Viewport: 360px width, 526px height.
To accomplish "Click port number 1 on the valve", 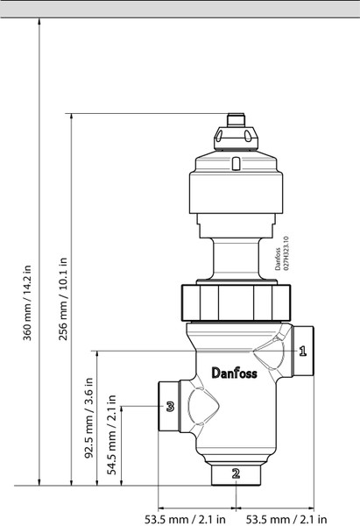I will pos(302,352).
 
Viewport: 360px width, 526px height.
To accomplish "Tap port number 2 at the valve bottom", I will pos(235,473).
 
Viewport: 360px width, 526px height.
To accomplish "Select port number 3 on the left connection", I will pos(170,406).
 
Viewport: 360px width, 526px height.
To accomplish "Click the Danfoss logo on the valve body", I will pos(235,373).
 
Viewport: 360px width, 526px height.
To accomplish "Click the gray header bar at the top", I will pos(180,8).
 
